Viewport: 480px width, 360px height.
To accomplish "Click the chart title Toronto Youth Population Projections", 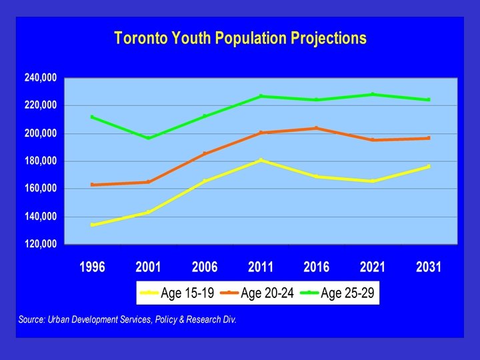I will (x=240, y=37).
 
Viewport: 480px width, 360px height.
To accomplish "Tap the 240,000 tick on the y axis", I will (x=41, y=78).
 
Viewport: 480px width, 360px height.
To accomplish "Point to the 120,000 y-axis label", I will (x=41, y=244).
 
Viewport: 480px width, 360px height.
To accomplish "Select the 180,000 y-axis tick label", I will (x=41, y=161).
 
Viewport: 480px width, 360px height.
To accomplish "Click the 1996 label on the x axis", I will (x=92, y=267).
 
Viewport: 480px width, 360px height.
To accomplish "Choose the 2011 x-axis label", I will (x=261, y=267).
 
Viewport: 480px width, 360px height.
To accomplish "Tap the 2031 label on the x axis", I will (x=429, y=267).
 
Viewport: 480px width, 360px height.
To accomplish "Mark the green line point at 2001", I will (x=148, y=138).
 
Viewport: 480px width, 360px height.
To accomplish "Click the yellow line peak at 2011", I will (x=261, y=160).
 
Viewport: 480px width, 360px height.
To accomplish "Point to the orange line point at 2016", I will (x=317, y=128).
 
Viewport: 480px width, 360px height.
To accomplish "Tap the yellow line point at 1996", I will (x=92, y=225).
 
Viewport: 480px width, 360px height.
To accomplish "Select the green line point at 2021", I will (x=373, y=94).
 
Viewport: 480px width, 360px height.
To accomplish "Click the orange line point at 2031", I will (x=429, y=138).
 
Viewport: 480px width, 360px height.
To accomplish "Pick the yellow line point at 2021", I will (x=373, y=181).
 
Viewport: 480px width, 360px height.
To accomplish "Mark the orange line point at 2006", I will (x=205, y=154).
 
